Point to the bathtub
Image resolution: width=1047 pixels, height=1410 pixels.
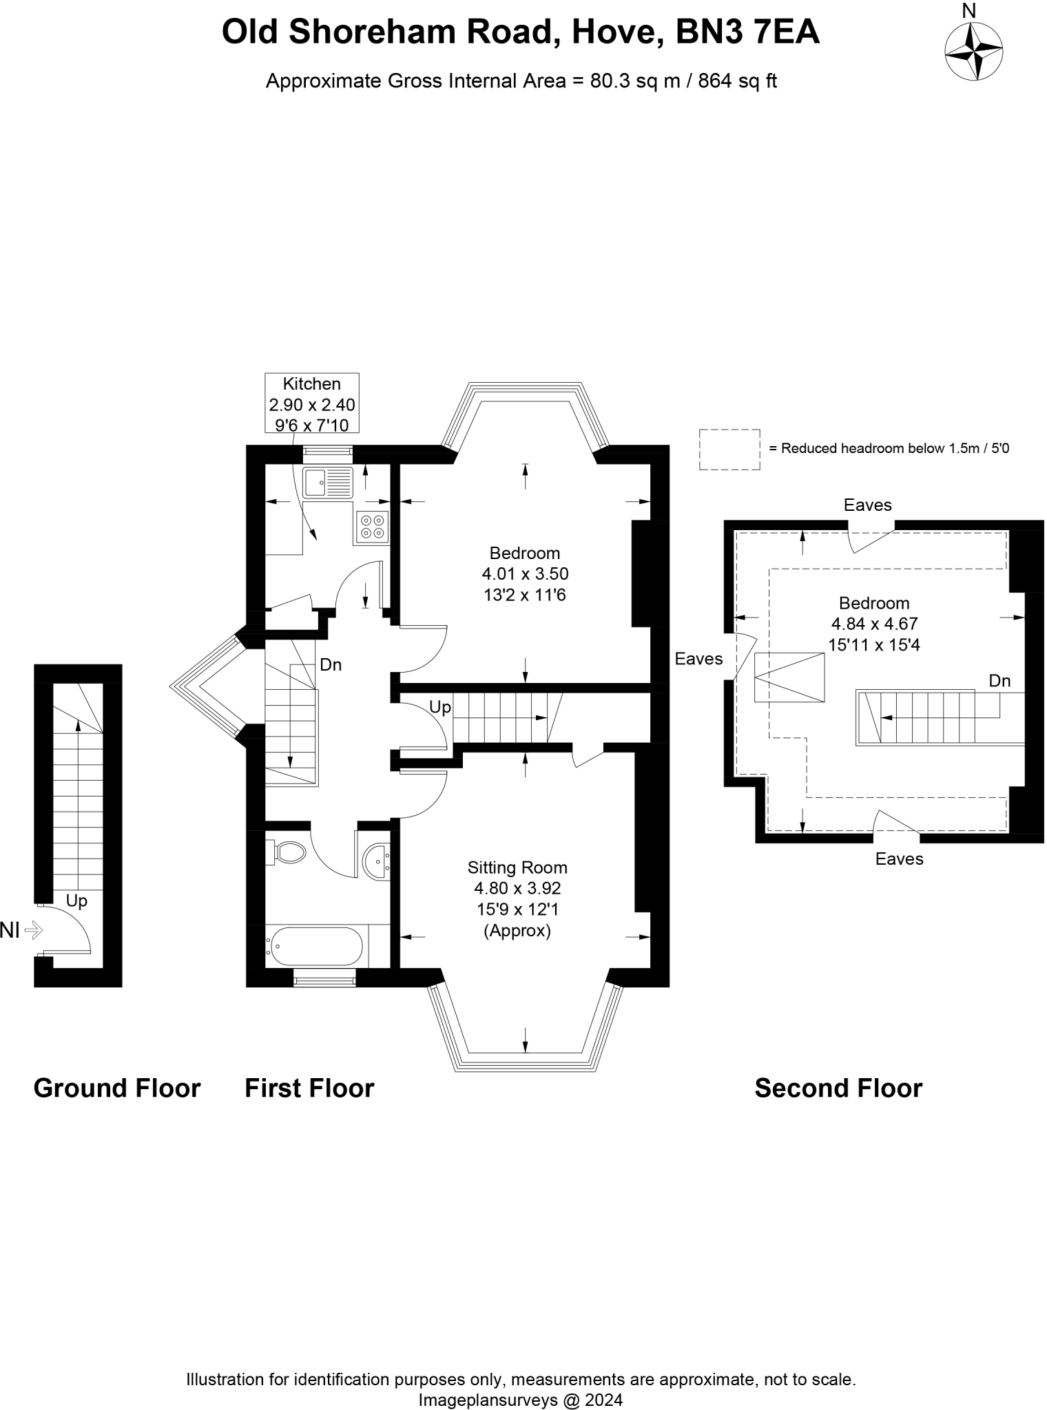(x=314, y=947)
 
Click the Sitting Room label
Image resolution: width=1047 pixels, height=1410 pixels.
(x=517, y=867)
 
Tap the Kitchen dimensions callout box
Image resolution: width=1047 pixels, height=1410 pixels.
(x=312, y=403)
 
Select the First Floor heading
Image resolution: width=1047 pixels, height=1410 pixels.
(x=309, y=1088)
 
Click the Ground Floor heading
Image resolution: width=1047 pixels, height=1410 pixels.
(x=117, y=1088)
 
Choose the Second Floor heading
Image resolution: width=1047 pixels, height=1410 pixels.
(x=838, y=1088)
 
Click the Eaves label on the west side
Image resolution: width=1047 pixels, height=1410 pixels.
(x=698, y=659)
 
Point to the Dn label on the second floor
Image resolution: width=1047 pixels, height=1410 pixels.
(x=999, y=681)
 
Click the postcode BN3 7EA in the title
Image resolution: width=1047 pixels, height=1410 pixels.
(x=747, y=32)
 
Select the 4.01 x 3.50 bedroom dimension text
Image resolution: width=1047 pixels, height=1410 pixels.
(x=526, y=574)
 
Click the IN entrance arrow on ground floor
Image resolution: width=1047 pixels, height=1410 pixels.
(x=33, y=932)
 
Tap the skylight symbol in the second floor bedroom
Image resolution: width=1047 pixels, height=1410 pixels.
(x=789, y=677)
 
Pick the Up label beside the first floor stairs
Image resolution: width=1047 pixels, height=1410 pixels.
(x=440, y=707)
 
